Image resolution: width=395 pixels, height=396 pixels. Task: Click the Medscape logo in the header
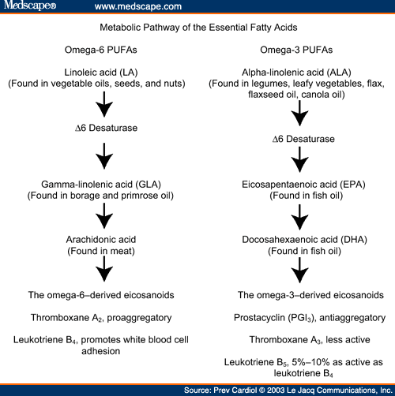click(x=30, y=6)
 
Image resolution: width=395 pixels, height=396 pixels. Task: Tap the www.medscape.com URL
click(x=138, y=6)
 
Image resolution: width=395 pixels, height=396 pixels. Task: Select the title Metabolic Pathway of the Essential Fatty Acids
click(x=198, y=28)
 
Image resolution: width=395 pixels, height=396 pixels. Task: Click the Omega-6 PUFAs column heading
click(x=101, y=50)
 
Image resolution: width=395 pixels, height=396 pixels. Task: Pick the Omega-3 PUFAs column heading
click(x=296, y=50)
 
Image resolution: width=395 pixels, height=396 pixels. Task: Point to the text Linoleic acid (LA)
click(x=101, y=73)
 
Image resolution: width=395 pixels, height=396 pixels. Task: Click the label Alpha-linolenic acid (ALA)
click(x=296, y=73)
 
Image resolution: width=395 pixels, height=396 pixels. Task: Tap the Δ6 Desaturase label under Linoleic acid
click(x=107, y=128)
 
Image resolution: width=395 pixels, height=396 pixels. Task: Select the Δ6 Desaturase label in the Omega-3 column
click(x=303, y=139)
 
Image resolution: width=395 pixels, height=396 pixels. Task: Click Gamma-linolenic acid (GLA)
click(x=101, y=185)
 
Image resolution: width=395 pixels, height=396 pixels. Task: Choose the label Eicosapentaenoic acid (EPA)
click(x=303, y=185)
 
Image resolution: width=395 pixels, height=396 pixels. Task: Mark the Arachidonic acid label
click(x=101, y=240)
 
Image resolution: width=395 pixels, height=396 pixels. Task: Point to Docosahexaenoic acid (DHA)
click(x=304, y=240)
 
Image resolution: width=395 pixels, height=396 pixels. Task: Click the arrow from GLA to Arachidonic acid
click(x=104, y=216)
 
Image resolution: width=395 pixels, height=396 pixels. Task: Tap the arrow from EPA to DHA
click(x=299, y=217)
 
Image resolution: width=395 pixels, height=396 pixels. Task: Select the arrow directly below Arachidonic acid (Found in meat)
click(x=104, y=269)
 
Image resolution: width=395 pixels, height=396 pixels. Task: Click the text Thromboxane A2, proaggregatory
click(x=101, y=318)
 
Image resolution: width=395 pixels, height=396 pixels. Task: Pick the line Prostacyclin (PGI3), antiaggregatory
click(x=310, y=318)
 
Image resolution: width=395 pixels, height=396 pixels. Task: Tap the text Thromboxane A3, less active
click(x=310, y=340)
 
